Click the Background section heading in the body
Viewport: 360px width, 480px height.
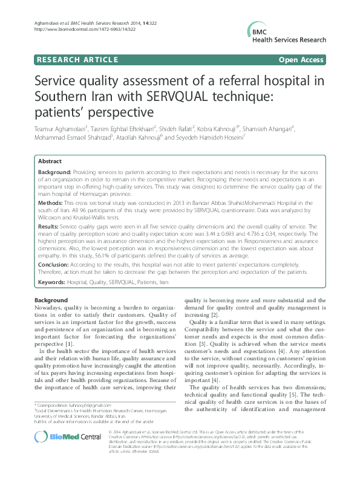point(51,300)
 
